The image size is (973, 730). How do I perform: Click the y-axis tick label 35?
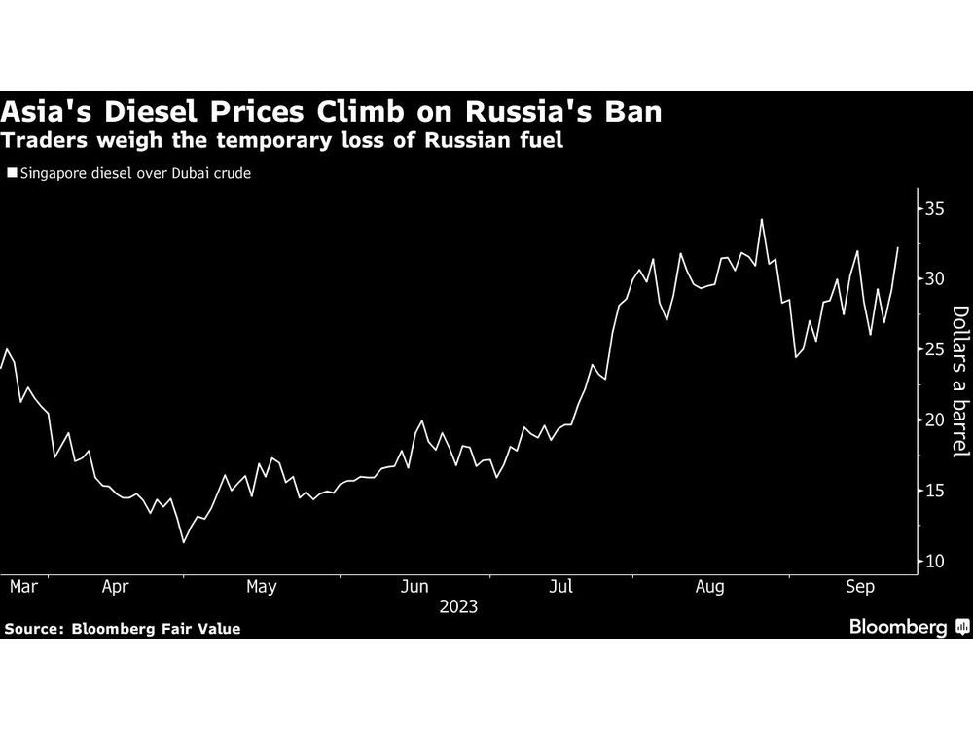934,208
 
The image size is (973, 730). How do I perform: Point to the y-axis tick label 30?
934,279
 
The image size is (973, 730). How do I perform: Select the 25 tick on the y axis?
934,349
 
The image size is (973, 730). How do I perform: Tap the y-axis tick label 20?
934,420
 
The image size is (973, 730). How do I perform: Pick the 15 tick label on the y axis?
934,491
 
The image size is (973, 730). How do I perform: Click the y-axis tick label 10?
934,562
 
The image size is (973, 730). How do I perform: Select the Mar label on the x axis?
22,586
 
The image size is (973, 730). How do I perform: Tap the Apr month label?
116,586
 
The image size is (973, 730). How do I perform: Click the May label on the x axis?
262,586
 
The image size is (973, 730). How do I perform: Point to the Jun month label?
414,586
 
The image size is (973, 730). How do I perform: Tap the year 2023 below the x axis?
457,606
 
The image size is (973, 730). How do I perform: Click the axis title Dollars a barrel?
959,381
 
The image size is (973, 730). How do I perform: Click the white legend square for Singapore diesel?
11,174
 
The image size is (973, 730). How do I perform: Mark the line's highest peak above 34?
761,219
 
